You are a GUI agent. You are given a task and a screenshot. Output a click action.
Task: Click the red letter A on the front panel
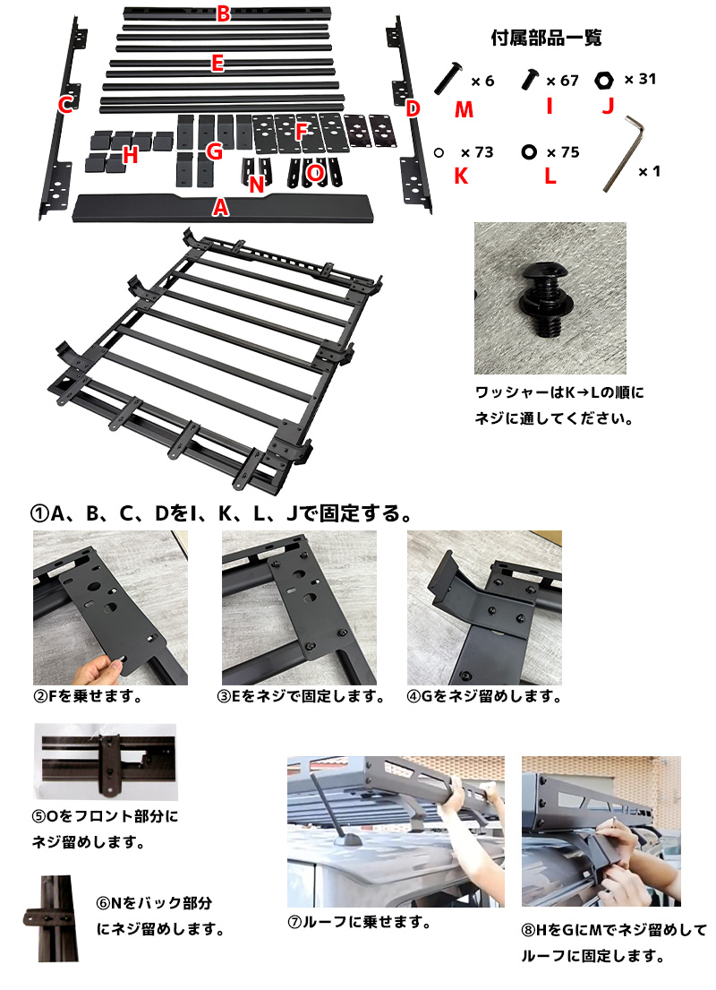(220, 207)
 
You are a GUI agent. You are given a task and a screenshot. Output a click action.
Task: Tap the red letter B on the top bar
(224, 13)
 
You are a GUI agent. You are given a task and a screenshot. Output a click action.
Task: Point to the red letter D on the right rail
(413, 108)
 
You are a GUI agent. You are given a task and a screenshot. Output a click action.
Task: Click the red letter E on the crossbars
(217, 64)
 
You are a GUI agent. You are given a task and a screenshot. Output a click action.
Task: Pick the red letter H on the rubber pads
(131, 155)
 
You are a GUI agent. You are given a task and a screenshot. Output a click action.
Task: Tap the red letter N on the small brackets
(256, 185)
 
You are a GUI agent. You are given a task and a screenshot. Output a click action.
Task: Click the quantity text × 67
(562, 81)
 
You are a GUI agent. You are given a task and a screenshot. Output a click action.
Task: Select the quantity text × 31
(640, 79)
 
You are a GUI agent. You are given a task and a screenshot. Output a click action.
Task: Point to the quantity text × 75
(563, 152)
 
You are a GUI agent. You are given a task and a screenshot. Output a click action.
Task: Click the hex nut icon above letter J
(604, 80)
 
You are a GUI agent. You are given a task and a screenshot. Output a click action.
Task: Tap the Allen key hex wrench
(623, 153)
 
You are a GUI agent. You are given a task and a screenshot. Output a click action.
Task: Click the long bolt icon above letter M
(448, 77)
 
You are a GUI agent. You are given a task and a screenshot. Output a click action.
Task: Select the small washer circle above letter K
(439, 152)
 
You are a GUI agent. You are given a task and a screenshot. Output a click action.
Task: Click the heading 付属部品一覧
(546, 38)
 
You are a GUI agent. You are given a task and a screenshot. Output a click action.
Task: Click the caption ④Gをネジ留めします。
(484, 696)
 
